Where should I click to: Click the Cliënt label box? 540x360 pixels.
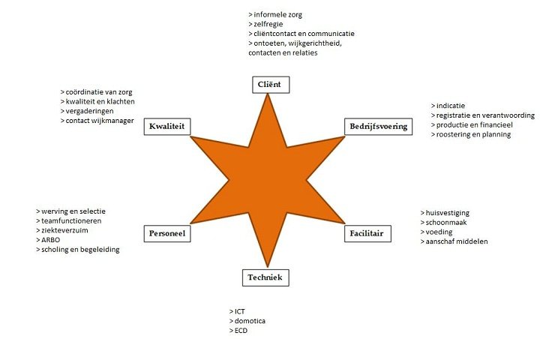(270, 84)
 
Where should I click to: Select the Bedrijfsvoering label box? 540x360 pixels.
(378, 126)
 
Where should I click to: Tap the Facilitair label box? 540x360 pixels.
(366, 233)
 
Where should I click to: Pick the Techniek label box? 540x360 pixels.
(265, 277)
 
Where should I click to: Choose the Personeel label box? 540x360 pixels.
(166, 233)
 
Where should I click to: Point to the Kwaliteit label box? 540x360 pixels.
(167, 126)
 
